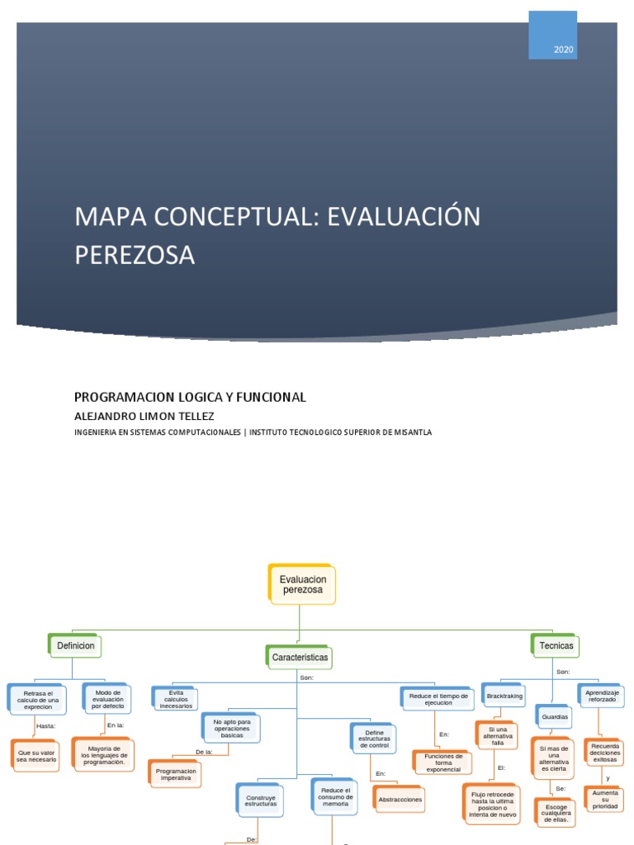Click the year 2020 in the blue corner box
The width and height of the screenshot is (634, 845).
pyautogui.click(x=564, y=50)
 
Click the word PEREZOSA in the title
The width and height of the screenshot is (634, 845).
pyautogui.click(x=135, y=255)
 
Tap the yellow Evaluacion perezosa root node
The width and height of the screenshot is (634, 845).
pyautogui.click(x=303, y=584)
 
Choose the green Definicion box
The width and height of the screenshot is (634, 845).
pyautogui.click(x=75, y=645)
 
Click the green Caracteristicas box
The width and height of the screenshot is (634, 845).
pyautogui.click(x=300, y=658)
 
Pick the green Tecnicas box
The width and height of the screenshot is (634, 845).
pyautogui.click(x=556, y=645)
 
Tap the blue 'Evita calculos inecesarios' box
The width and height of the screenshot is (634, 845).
pyautogui.click(x=176, y=698)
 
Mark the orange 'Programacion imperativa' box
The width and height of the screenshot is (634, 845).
pyautogui.click(x=176, y=773)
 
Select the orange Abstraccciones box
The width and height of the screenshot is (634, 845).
pyautogui.click(x=399, y=800)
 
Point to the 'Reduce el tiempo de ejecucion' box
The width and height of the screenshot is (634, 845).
pyautogui.click(x=438, y=699)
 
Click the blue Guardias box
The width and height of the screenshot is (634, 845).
pyautogui.click(x=555, y=716)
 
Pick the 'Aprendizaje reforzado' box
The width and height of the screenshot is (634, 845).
pyautogui.click(x=601, y=696)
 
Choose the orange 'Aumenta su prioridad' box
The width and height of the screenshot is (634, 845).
pyautogui.click(x=604, y=799)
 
